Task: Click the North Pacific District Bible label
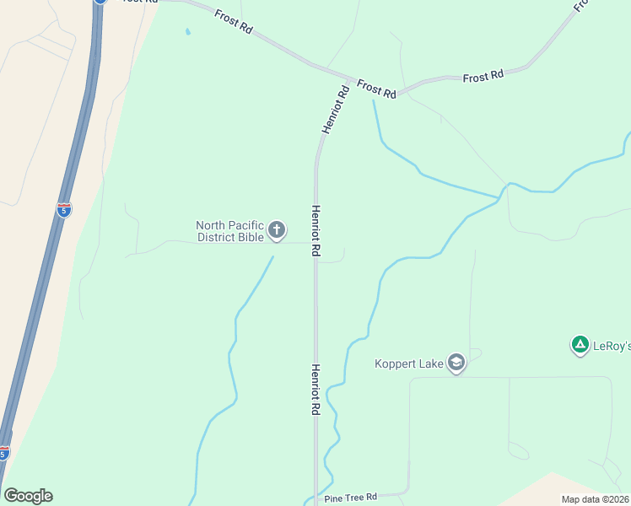coord(229,231)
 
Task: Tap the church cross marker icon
coord(277,229)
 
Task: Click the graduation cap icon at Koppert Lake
coord(456,363)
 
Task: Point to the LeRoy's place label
coord(612,346)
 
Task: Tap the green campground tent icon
coord(580,344)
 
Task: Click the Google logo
coord(28,496)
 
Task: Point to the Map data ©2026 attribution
coord(596,499)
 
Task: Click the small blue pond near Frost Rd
coord(187,32)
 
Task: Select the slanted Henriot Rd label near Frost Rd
coord(335,110)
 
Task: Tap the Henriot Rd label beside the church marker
coord(315,231)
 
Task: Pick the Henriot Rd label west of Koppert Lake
coord(315,389)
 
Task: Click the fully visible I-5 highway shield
coord(63,209)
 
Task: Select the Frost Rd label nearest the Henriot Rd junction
coord(376,89)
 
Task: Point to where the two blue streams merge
coord(504,187)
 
